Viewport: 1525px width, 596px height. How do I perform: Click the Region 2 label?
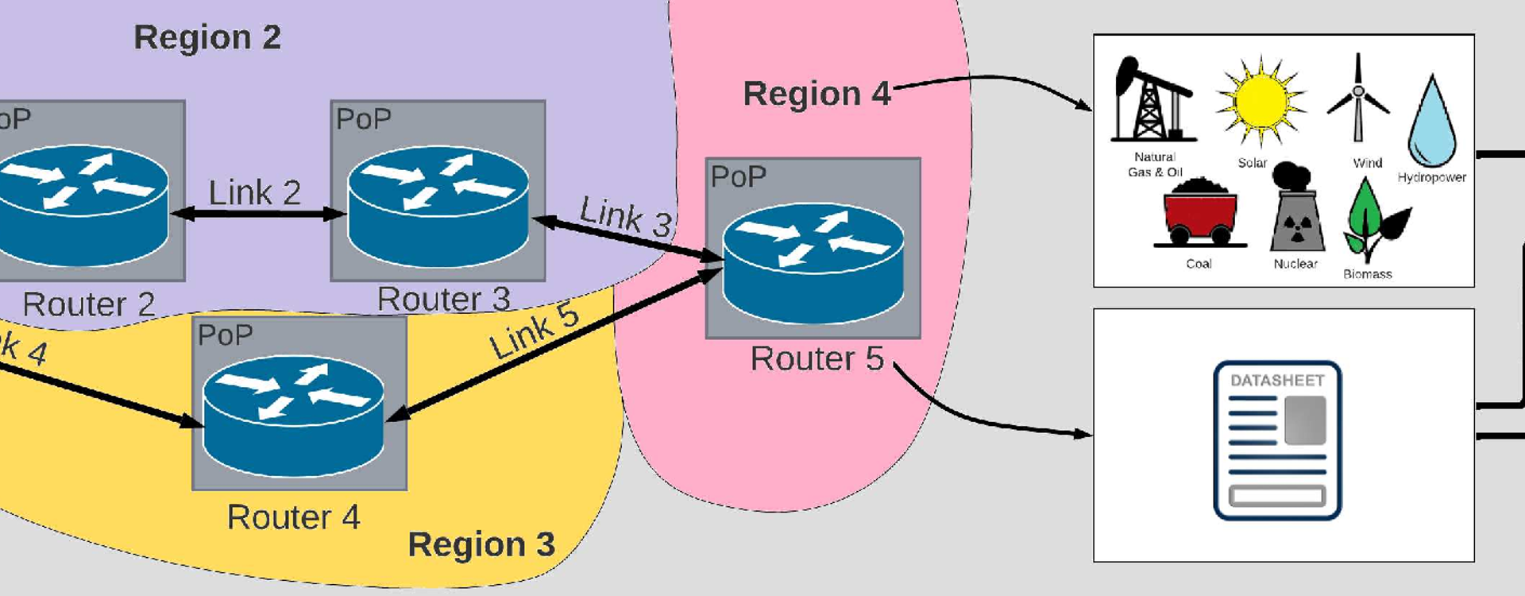tap(207, 37)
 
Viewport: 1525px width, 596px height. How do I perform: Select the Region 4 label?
tap(817, 94)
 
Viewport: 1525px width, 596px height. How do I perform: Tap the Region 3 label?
tap(481, 545)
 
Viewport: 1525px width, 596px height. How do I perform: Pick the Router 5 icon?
tap(813, 263)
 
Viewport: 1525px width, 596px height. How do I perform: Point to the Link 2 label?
tap(254, 192)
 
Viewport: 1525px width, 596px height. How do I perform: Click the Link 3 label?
tap(626, 216)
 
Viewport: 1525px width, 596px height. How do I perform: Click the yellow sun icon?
tap(1261, 102)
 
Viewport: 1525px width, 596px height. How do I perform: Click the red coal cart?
tap(1199, 212)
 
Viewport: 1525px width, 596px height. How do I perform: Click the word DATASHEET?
tap(1277, 381)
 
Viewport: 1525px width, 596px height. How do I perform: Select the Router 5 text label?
tap(817, 359)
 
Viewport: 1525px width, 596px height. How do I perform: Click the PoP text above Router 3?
tap(364, 119)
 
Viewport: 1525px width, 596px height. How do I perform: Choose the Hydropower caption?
tap(1431, 177)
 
